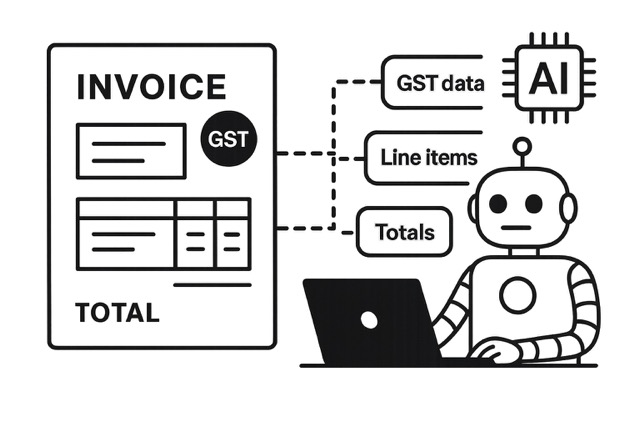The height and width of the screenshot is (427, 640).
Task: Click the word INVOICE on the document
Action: pyautogui.click(x=150, y=87)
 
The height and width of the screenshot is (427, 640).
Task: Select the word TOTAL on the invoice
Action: pyautogui.click(x=117, y=313)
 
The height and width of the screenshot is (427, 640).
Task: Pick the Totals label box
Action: pyautogui.click(x=404, y=233)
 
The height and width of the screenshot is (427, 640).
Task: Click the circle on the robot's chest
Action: pyautogui.click(x=519, y=295)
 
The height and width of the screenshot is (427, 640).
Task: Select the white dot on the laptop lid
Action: pyautogui.click(x=369, y=320)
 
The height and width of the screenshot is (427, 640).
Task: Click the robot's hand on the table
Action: pyautogui.click(x=496, y=351)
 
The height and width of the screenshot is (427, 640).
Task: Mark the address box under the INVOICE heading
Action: pyautogui.click(x=131, y=150)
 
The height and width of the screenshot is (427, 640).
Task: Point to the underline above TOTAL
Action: pyautogui.click(x=212, y=284)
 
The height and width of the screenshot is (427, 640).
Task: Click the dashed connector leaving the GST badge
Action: pyautogui.click(x=300, y=154)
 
